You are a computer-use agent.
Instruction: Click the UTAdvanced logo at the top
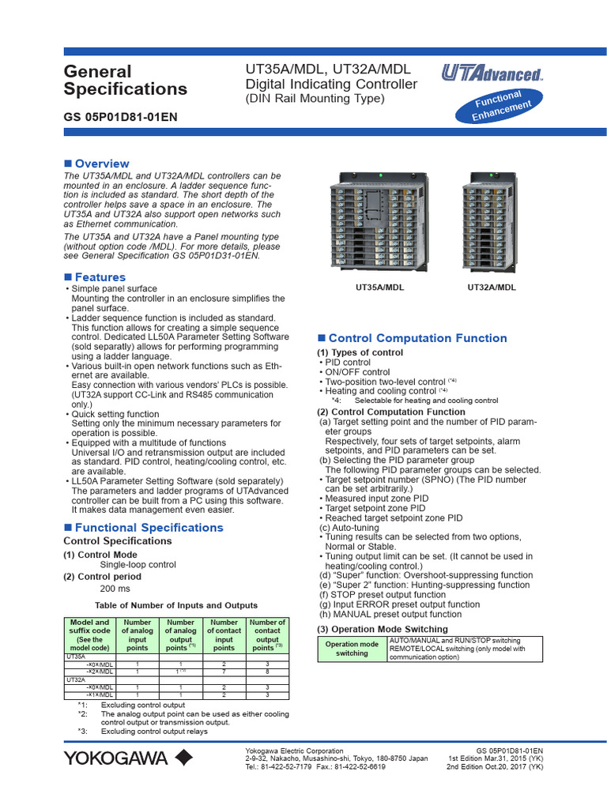[x=492, y=75]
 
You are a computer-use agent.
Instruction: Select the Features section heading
[x=100, y=277]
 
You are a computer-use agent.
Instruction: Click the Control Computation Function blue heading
[x=417, y=338]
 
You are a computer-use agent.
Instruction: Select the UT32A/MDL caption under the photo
[x=492, y=288]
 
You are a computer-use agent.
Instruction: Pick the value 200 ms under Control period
[x=115, y=589]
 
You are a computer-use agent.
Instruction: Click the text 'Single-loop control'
[x=138, y=565]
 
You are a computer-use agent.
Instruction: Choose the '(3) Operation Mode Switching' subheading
[x=383, y=629]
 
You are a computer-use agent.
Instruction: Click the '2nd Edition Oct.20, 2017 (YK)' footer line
[x=495, y=766]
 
